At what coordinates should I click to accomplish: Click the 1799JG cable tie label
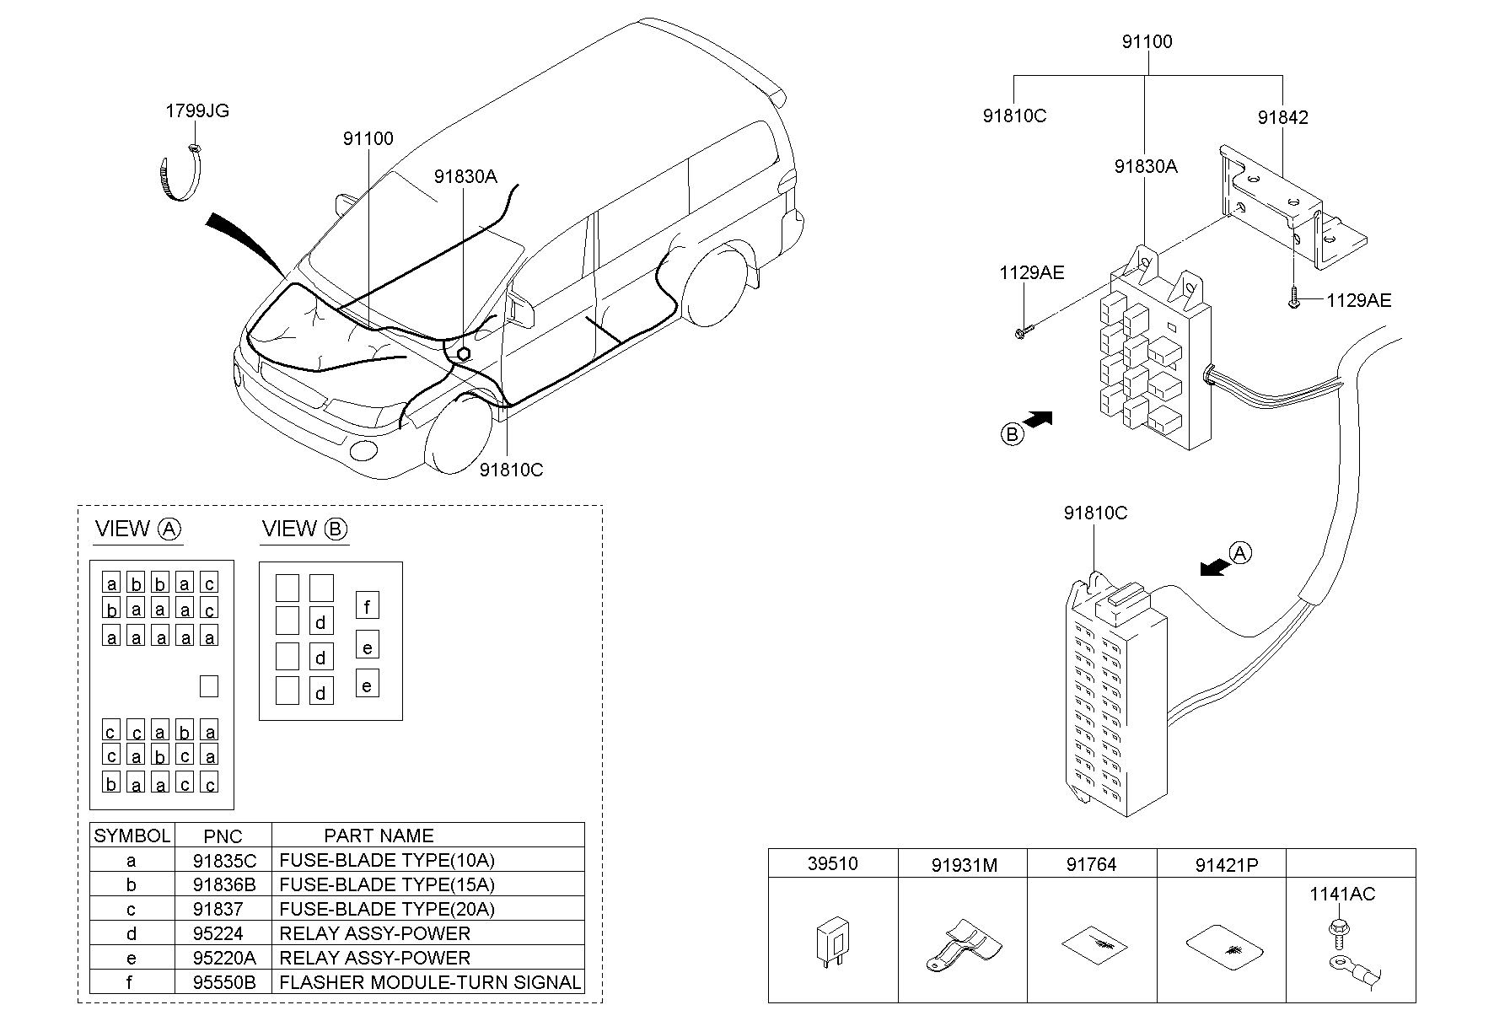tap(196, 110)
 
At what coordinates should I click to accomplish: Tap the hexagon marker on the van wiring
tap(462, 353)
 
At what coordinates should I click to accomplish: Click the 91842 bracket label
tap(1282, 117)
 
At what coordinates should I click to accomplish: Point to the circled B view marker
tap(1012, 434)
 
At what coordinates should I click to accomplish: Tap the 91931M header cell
tap(964, 864)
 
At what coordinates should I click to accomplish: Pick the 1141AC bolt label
tap(1341, 894)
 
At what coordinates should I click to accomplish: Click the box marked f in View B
tap(367, 605)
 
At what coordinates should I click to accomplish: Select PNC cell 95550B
tap(223, 982)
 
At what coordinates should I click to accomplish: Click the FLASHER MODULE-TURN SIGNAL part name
tap(429, 982)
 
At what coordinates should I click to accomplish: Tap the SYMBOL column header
tap(132, 836)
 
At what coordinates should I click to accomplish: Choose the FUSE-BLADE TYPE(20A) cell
tap(387, 909)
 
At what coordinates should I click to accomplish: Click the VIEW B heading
tap(304, 529)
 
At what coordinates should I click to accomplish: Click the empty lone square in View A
tap(208, 685)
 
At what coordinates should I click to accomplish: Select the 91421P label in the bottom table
tap(1226, 864)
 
